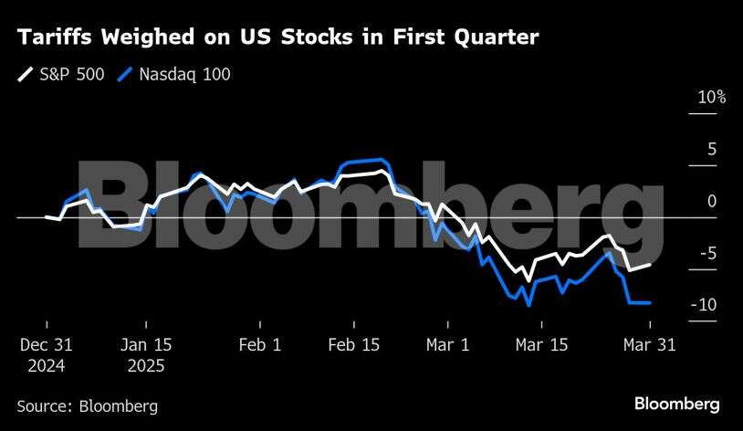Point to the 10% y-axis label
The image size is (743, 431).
tap(710, 97)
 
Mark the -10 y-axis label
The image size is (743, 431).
tap(706, 305)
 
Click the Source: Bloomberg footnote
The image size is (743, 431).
tap(87, 406)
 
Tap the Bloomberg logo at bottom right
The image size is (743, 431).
tap(676, 404)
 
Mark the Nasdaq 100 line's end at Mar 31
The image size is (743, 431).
tap(650, 302)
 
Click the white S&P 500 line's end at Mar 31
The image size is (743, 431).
tap(650, 265)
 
